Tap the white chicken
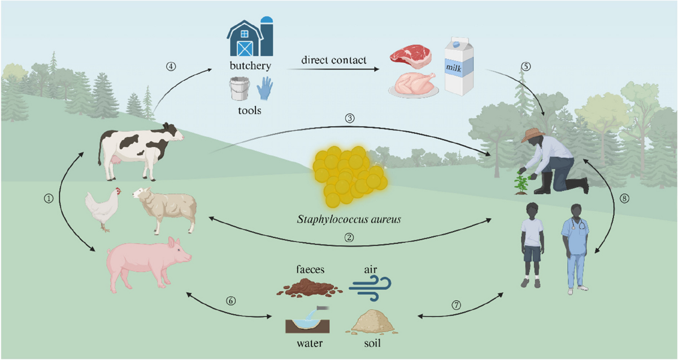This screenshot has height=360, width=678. pyautogui.click(x=103, y=208)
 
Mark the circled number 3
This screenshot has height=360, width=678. pyautogui.click(x=350, y=118)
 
